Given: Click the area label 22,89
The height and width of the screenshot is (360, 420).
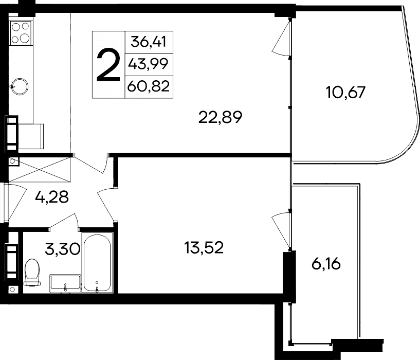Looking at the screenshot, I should tap(220, 117).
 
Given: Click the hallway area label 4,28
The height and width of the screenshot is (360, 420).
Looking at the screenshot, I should tap(52, 197).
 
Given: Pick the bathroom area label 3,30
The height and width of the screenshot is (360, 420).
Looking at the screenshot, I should tap(62, 250).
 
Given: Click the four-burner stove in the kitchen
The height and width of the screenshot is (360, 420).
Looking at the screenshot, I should tap(21, 32).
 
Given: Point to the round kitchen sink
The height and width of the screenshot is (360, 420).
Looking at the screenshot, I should tap(21, 85).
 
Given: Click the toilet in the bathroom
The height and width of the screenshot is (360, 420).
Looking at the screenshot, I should tap(32, 272).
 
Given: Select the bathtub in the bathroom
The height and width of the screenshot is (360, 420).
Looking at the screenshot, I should tap(98, 263).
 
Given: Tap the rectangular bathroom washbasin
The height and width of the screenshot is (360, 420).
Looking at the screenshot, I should tap(65, 283).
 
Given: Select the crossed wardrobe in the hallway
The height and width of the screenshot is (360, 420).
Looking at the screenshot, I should tap(39, 169).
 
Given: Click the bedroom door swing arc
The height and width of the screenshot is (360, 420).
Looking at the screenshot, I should tap(105, 201).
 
